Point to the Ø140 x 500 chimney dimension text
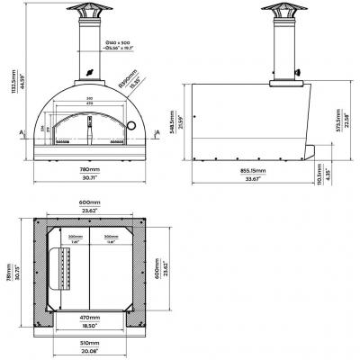(x=118, y=43)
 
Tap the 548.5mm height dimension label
(x=180, y=118)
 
